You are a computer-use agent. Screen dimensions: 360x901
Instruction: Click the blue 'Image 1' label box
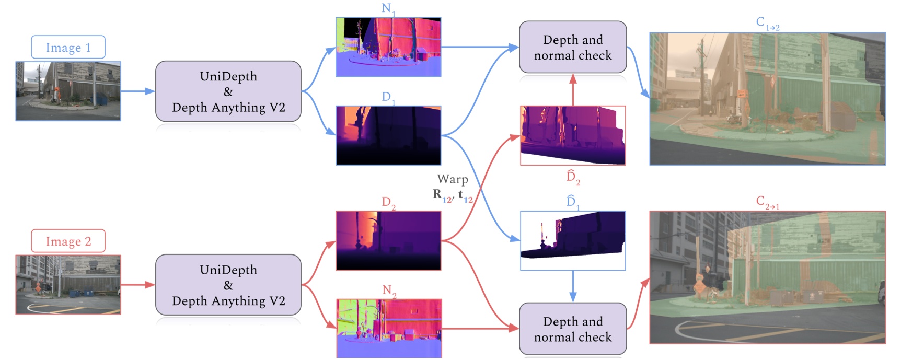(68, 48)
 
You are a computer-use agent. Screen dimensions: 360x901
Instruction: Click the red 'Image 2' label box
(68, 241)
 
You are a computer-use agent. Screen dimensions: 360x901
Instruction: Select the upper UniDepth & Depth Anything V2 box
(228, 91)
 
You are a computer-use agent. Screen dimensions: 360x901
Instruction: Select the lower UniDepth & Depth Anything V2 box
(228, 285)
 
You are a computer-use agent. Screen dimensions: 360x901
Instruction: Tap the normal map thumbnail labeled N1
(388, 47)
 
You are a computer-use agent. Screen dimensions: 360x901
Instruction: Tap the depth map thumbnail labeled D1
(388, 135)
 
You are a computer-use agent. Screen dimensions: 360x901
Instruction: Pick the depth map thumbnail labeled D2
(388, 240)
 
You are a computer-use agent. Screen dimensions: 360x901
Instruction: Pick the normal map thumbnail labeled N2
(389, 328)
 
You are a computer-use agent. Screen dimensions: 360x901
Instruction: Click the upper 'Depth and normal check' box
(573, 47)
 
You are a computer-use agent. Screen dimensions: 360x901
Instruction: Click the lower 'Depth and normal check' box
(573, 329)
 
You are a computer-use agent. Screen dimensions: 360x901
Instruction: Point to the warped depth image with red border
(573, 135)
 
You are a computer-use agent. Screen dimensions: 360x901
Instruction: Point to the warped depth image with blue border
(573, 240)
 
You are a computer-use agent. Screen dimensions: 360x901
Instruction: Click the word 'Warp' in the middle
(453, 179)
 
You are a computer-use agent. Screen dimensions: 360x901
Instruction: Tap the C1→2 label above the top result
(767, 23)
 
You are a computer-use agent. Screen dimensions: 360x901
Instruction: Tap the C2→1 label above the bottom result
(767, 202)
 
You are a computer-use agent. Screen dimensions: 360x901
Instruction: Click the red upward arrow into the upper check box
(573, 89)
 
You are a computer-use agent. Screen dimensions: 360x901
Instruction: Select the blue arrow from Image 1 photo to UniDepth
(137, 91)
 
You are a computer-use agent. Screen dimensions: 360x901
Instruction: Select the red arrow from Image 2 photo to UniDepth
(137, 285)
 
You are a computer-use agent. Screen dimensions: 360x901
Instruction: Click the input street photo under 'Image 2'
(68, 285)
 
